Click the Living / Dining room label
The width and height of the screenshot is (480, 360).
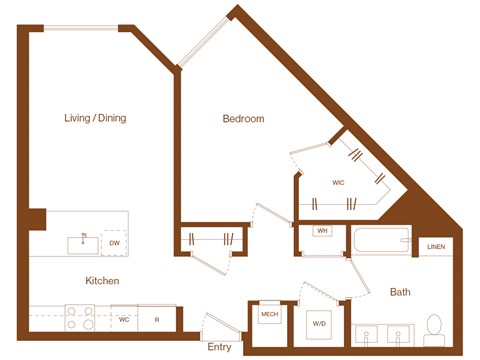[x=92, y=118]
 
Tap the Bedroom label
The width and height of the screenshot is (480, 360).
[x=243, y=119]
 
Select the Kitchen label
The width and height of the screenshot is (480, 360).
[x=103, y=281]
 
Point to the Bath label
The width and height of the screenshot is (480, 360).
[x=400, y=292]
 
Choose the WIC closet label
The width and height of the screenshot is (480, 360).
[x=338, y=183]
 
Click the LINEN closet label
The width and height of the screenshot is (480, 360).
[x=436, y=246]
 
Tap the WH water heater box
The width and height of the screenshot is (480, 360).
[x=322, y=232]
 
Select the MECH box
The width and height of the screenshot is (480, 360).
[x=269, y=314]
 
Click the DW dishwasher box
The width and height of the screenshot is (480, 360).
[x=114, y=243]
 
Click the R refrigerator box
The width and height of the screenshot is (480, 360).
[x=157, y=320]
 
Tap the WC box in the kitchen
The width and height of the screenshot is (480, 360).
[x=124, y=320]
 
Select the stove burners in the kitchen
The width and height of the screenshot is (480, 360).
[x=79, y=317]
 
